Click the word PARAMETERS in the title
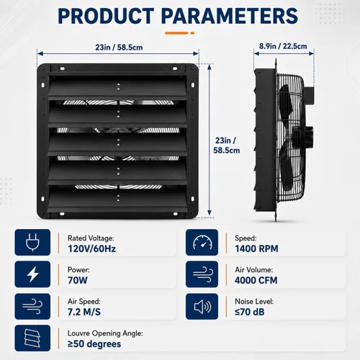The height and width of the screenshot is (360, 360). tap(230, 16)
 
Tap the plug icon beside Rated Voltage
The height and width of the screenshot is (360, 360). tap(32, 242)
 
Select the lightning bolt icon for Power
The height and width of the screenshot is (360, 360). tap(33, 274)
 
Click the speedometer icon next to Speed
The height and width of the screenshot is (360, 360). tap(202, 242)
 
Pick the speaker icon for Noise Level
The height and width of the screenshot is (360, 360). tap(202, 307)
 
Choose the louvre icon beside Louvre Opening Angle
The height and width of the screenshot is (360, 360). tap(32, 338)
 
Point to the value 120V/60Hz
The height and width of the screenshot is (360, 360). tap(91, 248)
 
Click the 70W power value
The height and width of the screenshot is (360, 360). tap(78, 280)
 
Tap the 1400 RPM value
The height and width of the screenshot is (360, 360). tap(256, 248)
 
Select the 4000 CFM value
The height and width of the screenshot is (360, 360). tap(256, 280)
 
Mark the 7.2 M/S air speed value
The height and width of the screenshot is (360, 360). tap(84, 312)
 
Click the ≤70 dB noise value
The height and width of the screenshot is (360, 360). tap(250, 312)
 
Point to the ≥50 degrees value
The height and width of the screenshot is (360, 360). tap(94, 344)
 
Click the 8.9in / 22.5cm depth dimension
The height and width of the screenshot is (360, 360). tap(283, 46)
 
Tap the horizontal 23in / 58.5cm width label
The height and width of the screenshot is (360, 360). tap(119, 48)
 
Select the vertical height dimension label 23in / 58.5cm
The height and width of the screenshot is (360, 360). tap(226, 145)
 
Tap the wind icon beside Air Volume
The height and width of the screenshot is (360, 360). tap(202, 274)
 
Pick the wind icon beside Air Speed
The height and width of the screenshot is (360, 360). tap(32, 307)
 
